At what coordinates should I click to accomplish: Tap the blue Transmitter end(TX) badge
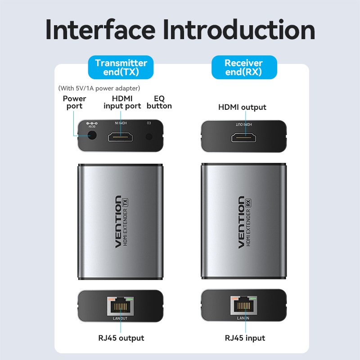121,67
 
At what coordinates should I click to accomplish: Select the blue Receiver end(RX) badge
243,67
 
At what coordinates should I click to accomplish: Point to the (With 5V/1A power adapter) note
99,88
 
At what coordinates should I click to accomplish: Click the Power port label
74,102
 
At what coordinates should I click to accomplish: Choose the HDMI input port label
121,102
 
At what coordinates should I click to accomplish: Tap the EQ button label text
162,102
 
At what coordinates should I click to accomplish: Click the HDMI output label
242,107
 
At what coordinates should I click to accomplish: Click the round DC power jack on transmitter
92,136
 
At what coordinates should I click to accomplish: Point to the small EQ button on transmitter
149,136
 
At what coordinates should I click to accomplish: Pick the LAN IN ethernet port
243,306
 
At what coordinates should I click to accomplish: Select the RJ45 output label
121,338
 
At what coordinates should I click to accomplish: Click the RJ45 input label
245,338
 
